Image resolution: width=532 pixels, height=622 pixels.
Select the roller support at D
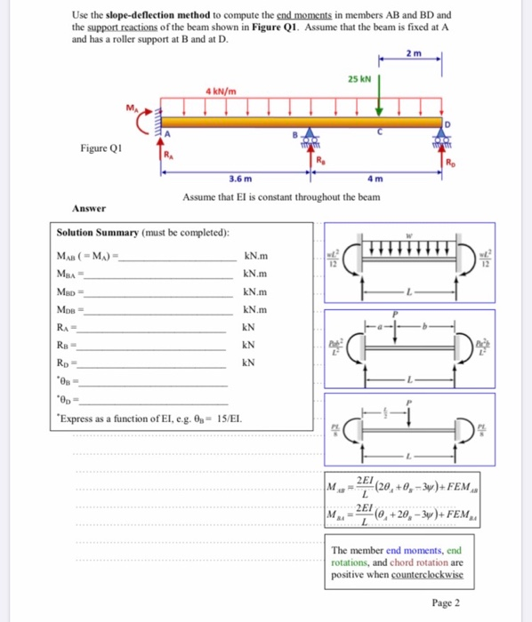coord(441,143)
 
